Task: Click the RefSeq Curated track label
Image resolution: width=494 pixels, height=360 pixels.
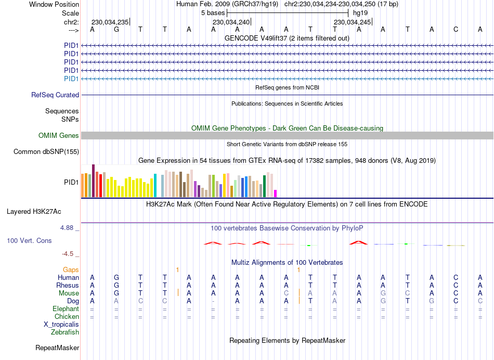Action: pyautogui.click(x=55, y=95)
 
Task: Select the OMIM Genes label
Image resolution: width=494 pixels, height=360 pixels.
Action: pyautogui.click(x=59, y=136)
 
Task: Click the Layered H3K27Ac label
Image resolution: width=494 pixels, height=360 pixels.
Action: pyautogui.click(x=34, y=212)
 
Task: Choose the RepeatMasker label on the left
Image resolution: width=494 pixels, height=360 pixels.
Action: pyautogui.click(x=57, y=348)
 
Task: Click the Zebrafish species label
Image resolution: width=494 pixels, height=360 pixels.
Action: pyautogui.click(x=65, y=332)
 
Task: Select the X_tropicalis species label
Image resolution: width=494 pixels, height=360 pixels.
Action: pyautogui.click(x=61, y=324)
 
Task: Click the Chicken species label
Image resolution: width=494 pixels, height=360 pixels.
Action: pyautogui.click(x=66, y=316)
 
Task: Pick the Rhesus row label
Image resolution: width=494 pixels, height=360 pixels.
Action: pyautogui.click(x=68, y=285)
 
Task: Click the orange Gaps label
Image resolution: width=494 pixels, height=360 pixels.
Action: pyautogui.click(x=71, y=269)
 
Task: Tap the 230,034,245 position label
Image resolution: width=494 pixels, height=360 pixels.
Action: pyautogui.click(x=353, y=22)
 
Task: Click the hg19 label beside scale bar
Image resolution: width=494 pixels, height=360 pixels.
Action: pyautogui.click(x=360, y=12)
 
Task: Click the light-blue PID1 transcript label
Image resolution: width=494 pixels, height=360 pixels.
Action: pyautogui.click(x=71, y=79)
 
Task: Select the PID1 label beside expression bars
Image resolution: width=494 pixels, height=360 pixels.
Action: pyautogui.click(x=71, y=183)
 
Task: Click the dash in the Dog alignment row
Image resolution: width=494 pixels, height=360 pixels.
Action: pyautogui.click(x=213, y=301)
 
